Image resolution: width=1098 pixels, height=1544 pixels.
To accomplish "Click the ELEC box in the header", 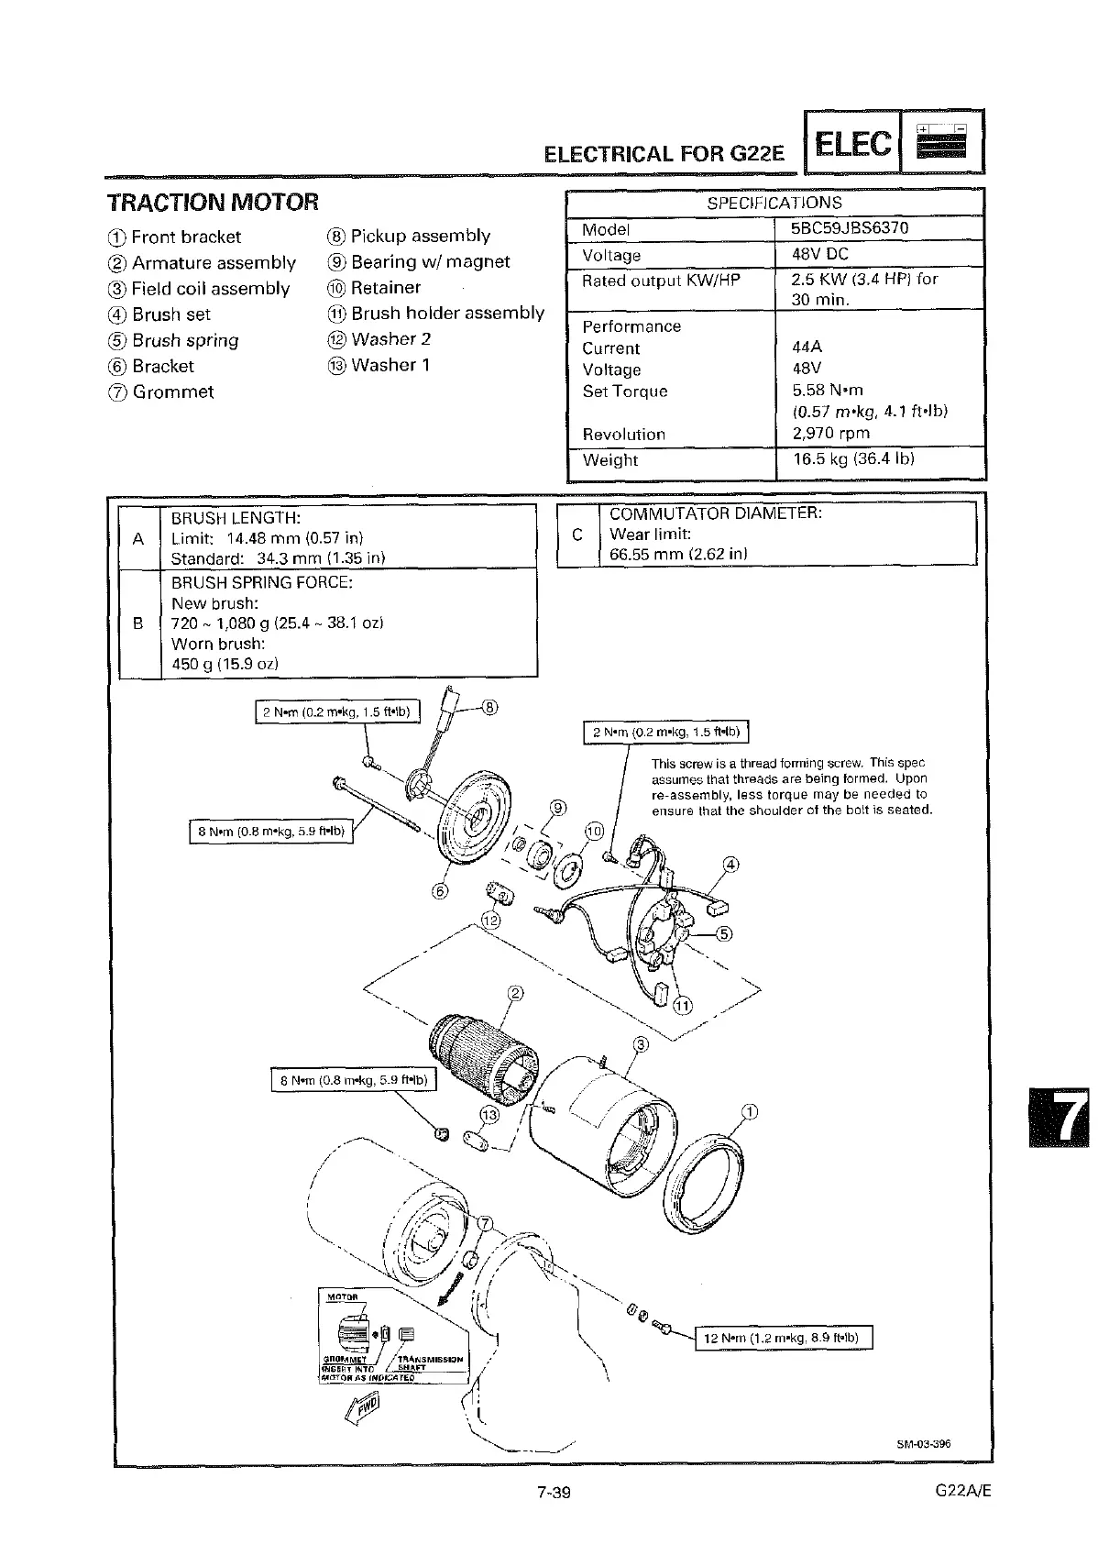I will click(x=851, y=143).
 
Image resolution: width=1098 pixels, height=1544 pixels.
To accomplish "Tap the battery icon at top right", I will click(x=943, y=142).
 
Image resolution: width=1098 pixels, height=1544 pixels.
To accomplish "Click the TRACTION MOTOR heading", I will click(x=213, y=202).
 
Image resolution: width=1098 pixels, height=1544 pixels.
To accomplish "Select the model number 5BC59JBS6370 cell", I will click(x=850, y=228).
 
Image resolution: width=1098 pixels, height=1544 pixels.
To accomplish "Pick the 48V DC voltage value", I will click(x=820, y=254).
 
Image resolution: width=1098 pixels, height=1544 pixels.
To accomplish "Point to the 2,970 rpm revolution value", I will click(x=830, y=433).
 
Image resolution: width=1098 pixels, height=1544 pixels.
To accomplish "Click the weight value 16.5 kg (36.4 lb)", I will click(x=853, y=458).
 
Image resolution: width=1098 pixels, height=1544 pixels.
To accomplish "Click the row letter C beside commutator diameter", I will click(x=576, y=535).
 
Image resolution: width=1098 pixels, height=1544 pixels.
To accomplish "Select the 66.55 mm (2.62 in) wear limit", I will click(x=677, y=554).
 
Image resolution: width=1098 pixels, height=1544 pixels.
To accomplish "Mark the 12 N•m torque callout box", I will click(x=783, y=1338).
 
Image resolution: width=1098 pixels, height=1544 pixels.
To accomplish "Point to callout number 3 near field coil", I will click(x=641, y=1044).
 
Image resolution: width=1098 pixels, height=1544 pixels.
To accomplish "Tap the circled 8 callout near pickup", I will click(x=490, y=707).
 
